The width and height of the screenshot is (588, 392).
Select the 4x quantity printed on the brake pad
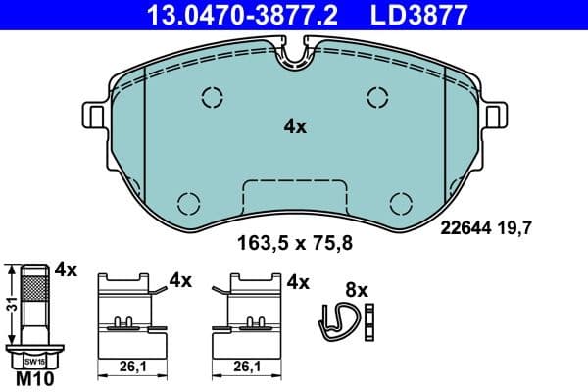295,126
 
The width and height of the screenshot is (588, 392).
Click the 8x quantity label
356,290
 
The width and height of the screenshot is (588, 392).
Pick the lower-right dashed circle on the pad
400,203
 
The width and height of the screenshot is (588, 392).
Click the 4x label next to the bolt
67,269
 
